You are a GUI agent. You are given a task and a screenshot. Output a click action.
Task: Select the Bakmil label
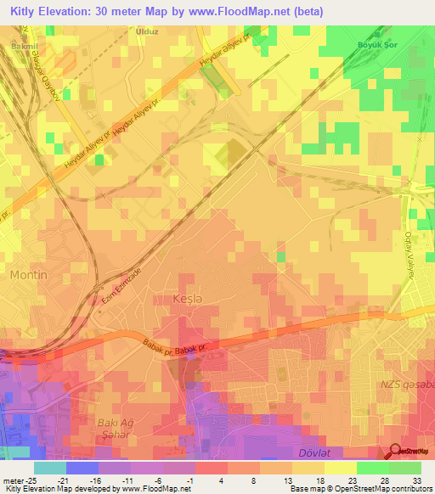[x=23, y=40]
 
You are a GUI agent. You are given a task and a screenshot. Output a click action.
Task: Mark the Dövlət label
[x=317, y=452]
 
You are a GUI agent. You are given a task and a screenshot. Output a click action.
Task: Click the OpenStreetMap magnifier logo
[x=395, y=453]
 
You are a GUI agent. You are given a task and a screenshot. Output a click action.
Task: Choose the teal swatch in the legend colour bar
[x=49, y=467]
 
